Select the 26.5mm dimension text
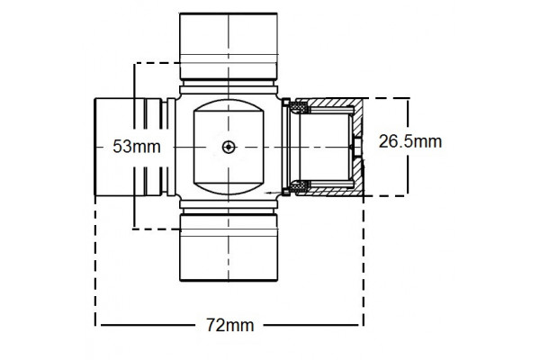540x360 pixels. click(409, 141)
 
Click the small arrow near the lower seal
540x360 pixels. click(273, 193)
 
